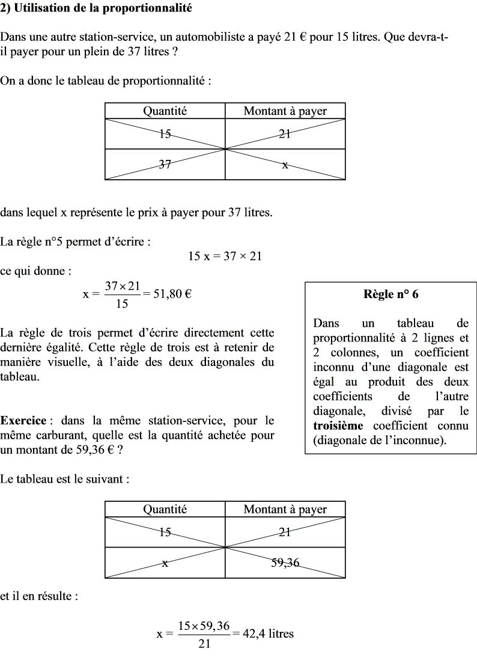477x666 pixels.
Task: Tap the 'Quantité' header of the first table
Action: click(165, 111)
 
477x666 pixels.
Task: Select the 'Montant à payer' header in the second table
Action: click(285, 509)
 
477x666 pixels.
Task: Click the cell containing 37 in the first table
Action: click(165, 163)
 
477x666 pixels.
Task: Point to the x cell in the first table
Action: click(285, 163)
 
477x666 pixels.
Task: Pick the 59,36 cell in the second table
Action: click(285, 563)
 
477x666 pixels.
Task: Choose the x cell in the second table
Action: click(165, 563)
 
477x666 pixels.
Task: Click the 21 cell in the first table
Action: click(285, 133)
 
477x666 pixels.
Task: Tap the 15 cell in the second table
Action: click(165, 532)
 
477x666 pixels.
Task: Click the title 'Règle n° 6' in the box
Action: click(391, 295)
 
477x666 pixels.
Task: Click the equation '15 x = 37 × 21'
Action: click(225, 256)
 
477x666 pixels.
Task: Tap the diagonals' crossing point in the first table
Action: click(225, 148)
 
